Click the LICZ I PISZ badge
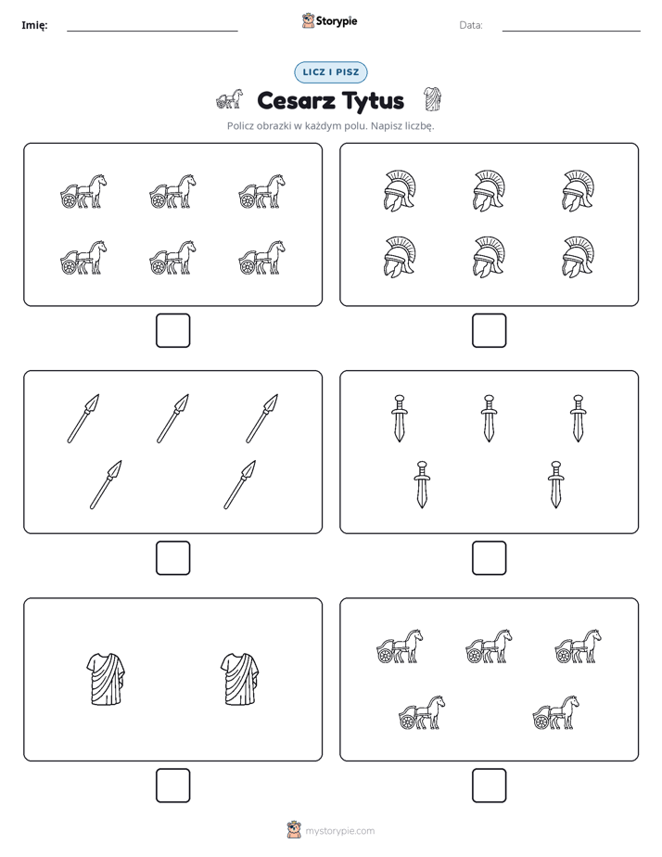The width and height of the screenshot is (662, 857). click(330, 72)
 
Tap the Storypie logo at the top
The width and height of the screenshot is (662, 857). click(329, 20)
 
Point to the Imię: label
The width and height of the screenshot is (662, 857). click(34, 25)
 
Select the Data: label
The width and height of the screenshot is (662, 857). click(471, 25)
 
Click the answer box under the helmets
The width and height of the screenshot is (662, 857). click(489, 331)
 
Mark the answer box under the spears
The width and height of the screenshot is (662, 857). click(173, 558)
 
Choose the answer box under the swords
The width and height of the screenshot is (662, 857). click(489, 558)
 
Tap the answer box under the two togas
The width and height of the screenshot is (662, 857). click(173, 786)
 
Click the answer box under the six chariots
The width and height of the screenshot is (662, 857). click(173, 331)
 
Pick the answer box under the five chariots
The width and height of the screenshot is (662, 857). click(489, 786)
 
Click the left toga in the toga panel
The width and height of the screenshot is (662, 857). click(106, 679)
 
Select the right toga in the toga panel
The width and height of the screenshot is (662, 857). click(240, 679)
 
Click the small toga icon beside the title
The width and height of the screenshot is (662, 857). click(432, 99)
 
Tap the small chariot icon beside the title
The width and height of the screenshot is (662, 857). click(229, 99)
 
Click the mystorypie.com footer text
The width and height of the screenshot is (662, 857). click(339, 831)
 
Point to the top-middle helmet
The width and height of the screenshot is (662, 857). click(489, 191)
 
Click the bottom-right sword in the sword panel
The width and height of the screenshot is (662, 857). click(555, 485)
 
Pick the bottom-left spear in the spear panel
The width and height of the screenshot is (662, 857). click(106, 485)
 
